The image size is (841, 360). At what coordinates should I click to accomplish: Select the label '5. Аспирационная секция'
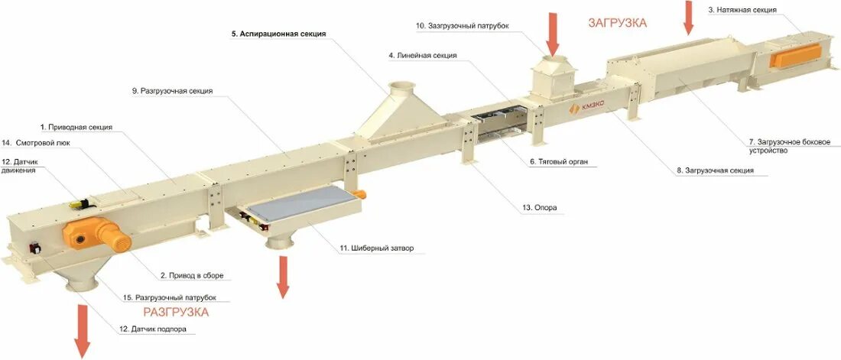pyautogui.click(x=279, y=34)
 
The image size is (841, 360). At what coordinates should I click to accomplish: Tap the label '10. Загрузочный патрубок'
pyautogui.click(x=462, y=25)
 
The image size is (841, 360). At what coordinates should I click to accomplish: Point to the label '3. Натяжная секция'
pyautogui.click(x=742, y=10)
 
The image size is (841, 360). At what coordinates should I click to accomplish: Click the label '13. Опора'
pyautogui.click(x=539, y=207)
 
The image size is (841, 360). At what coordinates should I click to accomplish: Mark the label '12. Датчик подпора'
pyautogui.click(x=152, y=329)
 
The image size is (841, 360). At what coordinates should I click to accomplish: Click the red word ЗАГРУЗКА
pyautogui.click(x=617, y=23)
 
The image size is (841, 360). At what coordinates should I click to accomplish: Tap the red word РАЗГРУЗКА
pyautogui.click(x=176, y=312)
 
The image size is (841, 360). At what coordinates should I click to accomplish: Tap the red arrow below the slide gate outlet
pyautogui.click(x=283, y=277)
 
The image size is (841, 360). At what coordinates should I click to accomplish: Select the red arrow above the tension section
pyautogui.click(x=688, y=18)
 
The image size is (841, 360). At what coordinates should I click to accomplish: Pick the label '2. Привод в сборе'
pyautogui.click(x=192, y=275)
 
